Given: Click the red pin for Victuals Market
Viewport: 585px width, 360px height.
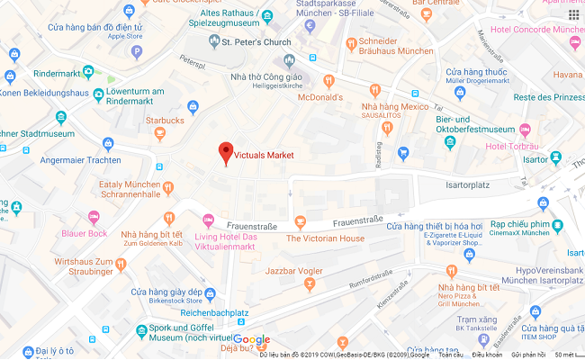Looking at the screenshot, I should pyautogui.click(x=226, y=153).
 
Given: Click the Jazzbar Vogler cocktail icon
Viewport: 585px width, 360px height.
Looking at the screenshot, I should pyautogui.click(x=310, y=284).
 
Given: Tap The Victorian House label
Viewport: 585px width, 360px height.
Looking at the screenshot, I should pyautogui.click(x=325, y=238).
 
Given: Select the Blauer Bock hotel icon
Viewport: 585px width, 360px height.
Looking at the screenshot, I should pyautogui.click(x=93, y=217).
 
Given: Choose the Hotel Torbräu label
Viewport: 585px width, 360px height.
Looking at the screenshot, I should pyautogui.click(x=510, y=147).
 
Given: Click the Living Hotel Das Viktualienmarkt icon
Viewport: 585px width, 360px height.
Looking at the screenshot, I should pyautogui.click(x=210, y=220).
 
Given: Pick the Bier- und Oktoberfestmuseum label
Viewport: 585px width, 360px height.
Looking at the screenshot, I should pyautogui.click(x=481, y=123).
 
